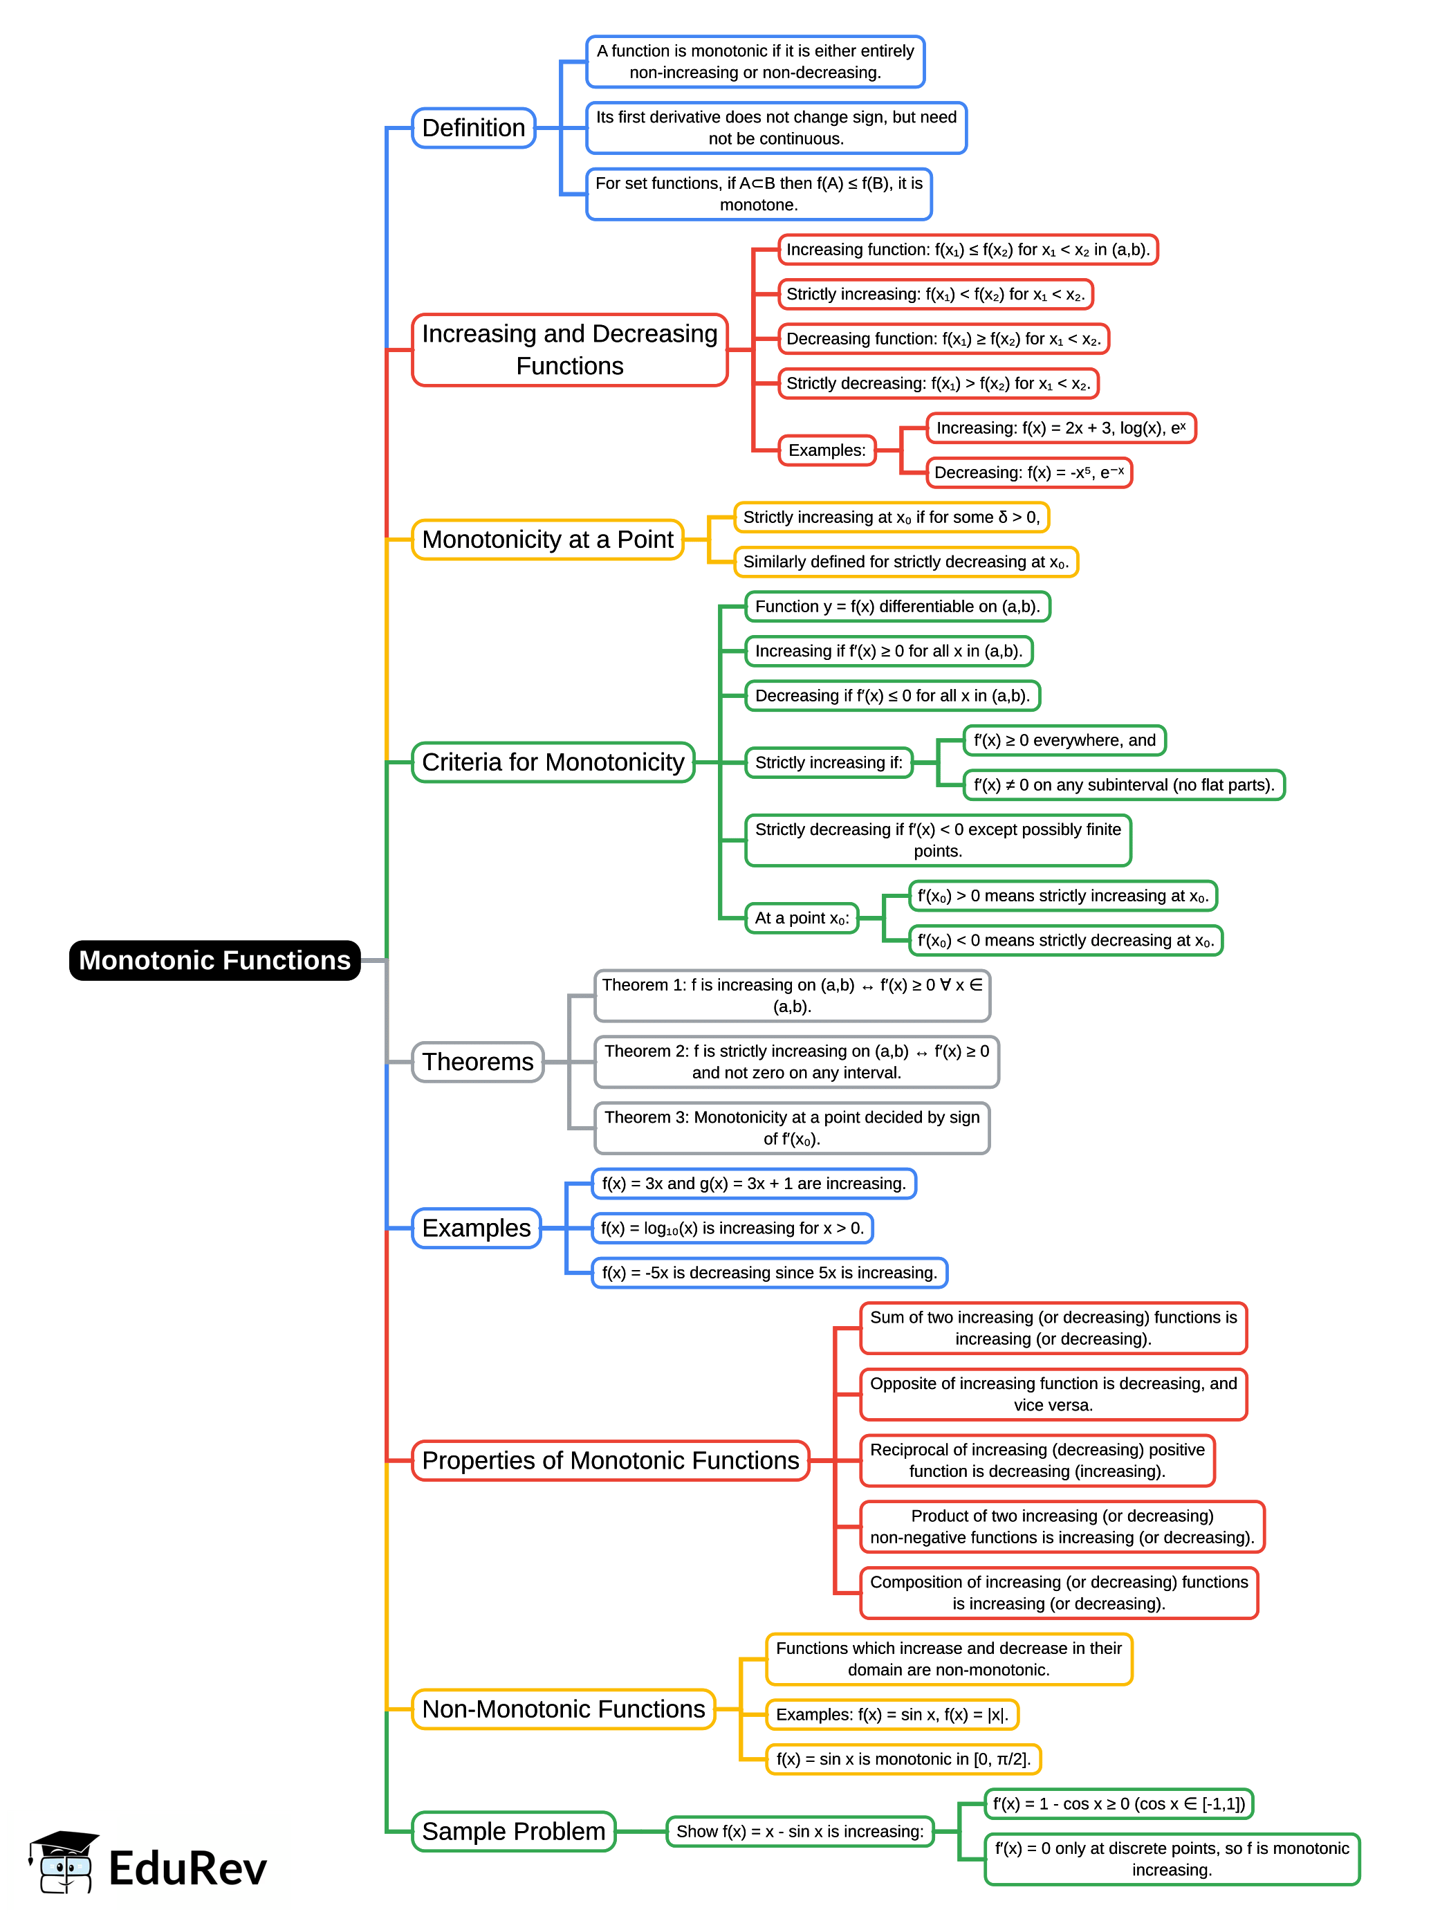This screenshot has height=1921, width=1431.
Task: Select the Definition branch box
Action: tap(473, 128)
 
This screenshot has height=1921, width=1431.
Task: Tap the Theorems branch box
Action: tap(477, 1061)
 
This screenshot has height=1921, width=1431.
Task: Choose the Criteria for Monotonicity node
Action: tap(553, 762)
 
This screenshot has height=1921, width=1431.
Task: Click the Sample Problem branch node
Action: tap(513, 1831)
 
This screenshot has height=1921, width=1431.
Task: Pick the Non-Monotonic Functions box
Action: tap(563, 1709)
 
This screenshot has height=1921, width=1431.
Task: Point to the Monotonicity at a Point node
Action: tap(548, 540)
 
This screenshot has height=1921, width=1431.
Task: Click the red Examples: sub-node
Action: tap(827, 450)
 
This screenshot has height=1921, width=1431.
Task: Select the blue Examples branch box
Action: tap(476, 1228)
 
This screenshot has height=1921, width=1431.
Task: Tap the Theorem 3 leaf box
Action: tap(792, 1128)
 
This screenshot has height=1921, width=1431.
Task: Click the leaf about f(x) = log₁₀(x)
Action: tap(732, 1228)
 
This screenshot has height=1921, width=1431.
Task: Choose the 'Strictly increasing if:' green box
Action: tap(828, 762)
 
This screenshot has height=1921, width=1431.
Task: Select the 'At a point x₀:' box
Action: tap(801, 917)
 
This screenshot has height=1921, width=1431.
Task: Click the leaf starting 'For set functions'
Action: tap(759, 194)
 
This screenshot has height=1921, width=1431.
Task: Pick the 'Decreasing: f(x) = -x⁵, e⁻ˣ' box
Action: tap(1028, 472)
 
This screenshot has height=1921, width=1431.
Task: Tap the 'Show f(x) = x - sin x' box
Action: tap(800, 1831)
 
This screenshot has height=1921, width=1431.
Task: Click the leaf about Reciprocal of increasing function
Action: tap(1037, 1460)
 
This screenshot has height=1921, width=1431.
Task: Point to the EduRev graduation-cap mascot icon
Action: tap(62, 1862)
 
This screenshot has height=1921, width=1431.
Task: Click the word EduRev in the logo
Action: tap(187, 1868)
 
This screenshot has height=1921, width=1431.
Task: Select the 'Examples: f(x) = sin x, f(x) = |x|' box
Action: tap(892, 1714)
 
